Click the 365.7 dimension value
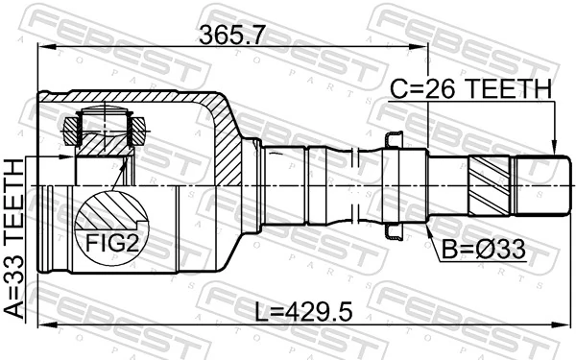tap(233, 36)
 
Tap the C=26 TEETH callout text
tap(470, 89)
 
